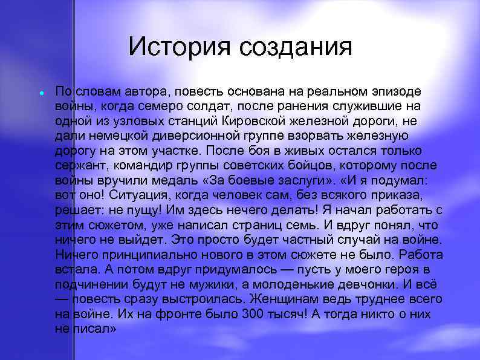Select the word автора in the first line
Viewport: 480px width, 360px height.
coord(145,91)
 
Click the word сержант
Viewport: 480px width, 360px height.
coord(76,165)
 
